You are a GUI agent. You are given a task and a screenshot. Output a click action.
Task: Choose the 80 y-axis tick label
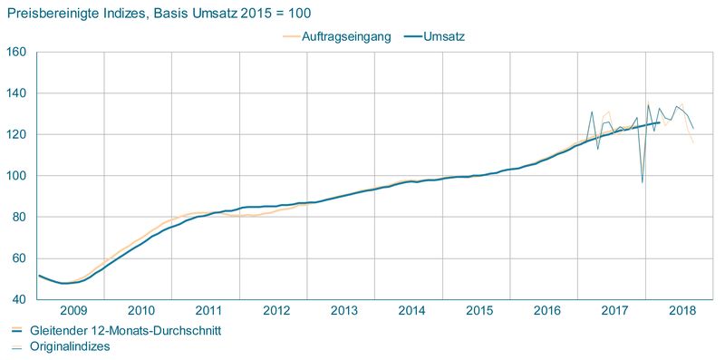pyautogui.click(x=18, y=217)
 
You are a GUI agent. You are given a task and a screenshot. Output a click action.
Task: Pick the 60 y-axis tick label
pyautogui.click(x=18, y=258)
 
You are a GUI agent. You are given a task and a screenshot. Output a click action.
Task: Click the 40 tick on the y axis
pyautogui.click(x=18, y=299)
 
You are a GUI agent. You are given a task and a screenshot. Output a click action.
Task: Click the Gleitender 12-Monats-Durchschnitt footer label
pyautogui.click(x=125, y=330)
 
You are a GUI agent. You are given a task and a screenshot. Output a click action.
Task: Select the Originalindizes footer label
pyautogui.click(x=71, y=345)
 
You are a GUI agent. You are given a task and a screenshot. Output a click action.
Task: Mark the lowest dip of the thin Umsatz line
pyautogui.click(x=642, y=182)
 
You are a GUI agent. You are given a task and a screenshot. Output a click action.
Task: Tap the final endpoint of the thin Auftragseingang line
pyautogui.click(x=693, y=143)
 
